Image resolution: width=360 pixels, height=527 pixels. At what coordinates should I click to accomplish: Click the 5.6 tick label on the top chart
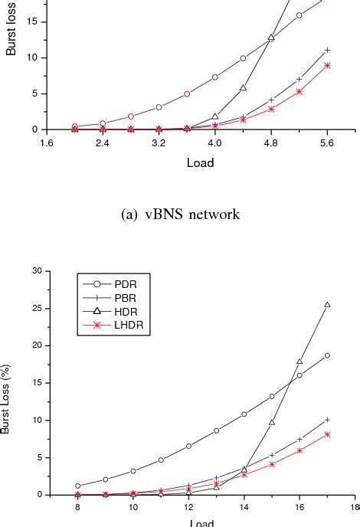pyautogui.click(x=328, y=142)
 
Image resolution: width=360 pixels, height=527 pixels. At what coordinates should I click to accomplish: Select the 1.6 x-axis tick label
pyautogui.click(x=46, y=142)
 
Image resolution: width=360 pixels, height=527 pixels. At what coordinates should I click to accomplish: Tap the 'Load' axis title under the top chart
pyautogui.click(x=200, y=162)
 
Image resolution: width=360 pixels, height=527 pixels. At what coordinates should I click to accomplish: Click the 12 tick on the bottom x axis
pyautogui.click(x=188, y=507)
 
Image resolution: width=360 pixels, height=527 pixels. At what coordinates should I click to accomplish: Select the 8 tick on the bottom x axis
pyautogui.click(x=77, y=507)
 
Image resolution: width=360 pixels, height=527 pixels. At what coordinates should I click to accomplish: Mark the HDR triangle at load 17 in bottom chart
pyautogui.click(x=327, y=305)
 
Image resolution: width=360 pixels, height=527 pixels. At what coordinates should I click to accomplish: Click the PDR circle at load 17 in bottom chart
pyautogui.click(x=327, y=355)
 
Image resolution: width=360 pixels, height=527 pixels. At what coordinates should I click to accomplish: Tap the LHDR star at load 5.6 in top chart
pyautogui.click(x=327, y=65)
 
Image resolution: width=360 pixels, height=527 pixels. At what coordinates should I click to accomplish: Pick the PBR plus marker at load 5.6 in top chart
pyautogui.click(x=327, y=50)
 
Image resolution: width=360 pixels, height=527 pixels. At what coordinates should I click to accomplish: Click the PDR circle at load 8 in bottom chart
pyautogui.click(x=77, y=486)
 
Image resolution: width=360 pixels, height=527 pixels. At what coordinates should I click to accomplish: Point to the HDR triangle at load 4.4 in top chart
pyautogui.click(x=243, y=88)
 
